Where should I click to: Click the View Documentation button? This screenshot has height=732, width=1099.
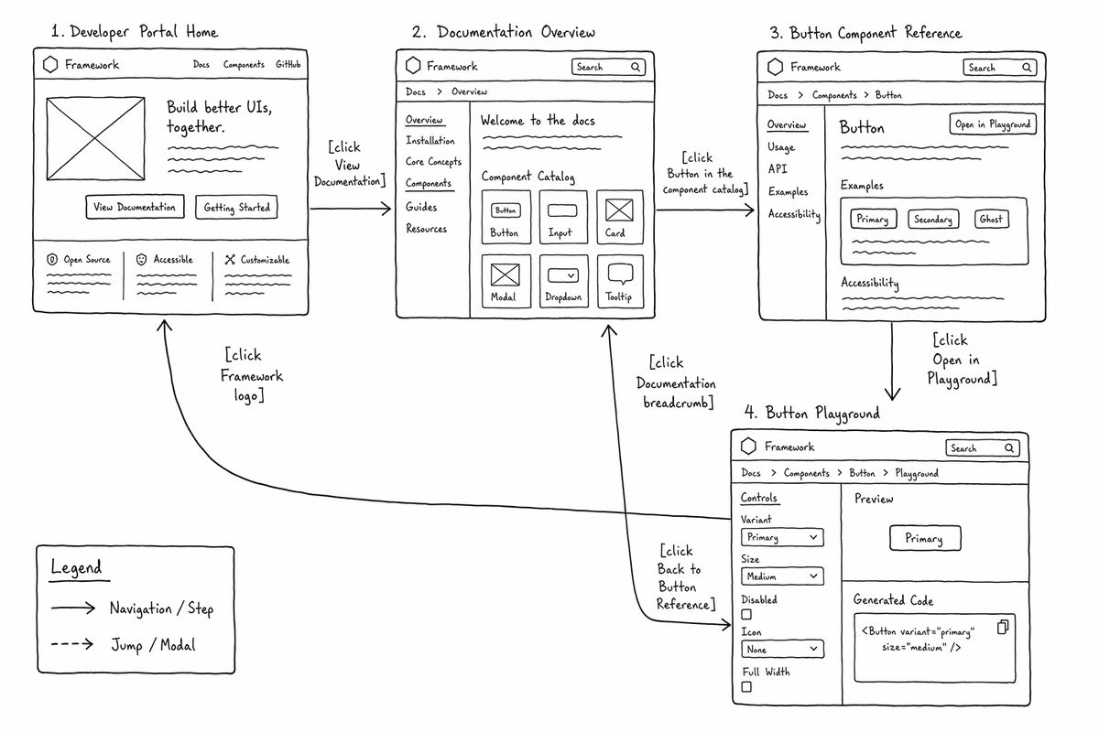(x=135, y=207)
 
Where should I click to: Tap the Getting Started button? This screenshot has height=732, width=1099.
(x=236, y=208)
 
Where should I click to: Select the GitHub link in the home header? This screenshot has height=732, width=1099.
(x=288, y=64)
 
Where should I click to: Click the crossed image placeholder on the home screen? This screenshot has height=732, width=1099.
(x=95, y=139)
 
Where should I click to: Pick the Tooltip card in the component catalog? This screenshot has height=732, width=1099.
(x=620, y=282)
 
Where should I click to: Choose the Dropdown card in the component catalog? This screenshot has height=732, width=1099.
(x=564, y=282)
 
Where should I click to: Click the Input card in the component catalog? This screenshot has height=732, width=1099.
(x=563, y=217)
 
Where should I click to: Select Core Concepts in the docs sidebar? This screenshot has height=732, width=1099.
(x=434, y=162)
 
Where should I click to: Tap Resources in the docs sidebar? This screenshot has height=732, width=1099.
(x=427, y=229)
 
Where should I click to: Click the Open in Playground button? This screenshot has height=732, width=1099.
(x=993, y=124)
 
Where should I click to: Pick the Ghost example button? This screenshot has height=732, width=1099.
(x=992, y=220)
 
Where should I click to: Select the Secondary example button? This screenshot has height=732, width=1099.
(x=933, y=220)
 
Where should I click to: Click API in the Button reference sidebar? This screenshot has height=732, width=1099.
(x=778, y=168)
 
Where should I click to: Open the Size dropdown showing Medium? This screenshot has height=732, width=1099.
(x=782, y=576)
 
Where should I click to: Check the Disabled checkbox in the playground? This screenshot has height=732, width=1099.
(x=746, y=614)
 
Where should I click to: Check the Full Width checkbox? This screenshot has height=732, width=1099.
(x=746, y=687)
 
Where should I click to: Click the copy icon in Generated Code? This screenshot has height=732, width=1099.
(x=1004, y=627)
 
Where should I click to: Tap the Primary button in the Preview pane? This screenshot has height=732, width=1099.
(x=925, y=538)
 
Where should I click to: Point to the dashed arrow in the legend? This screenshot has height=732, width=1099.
(x=72, y=644)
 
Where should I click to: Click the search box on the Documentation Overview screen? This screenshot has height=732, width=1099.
(x=608, y=67)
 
